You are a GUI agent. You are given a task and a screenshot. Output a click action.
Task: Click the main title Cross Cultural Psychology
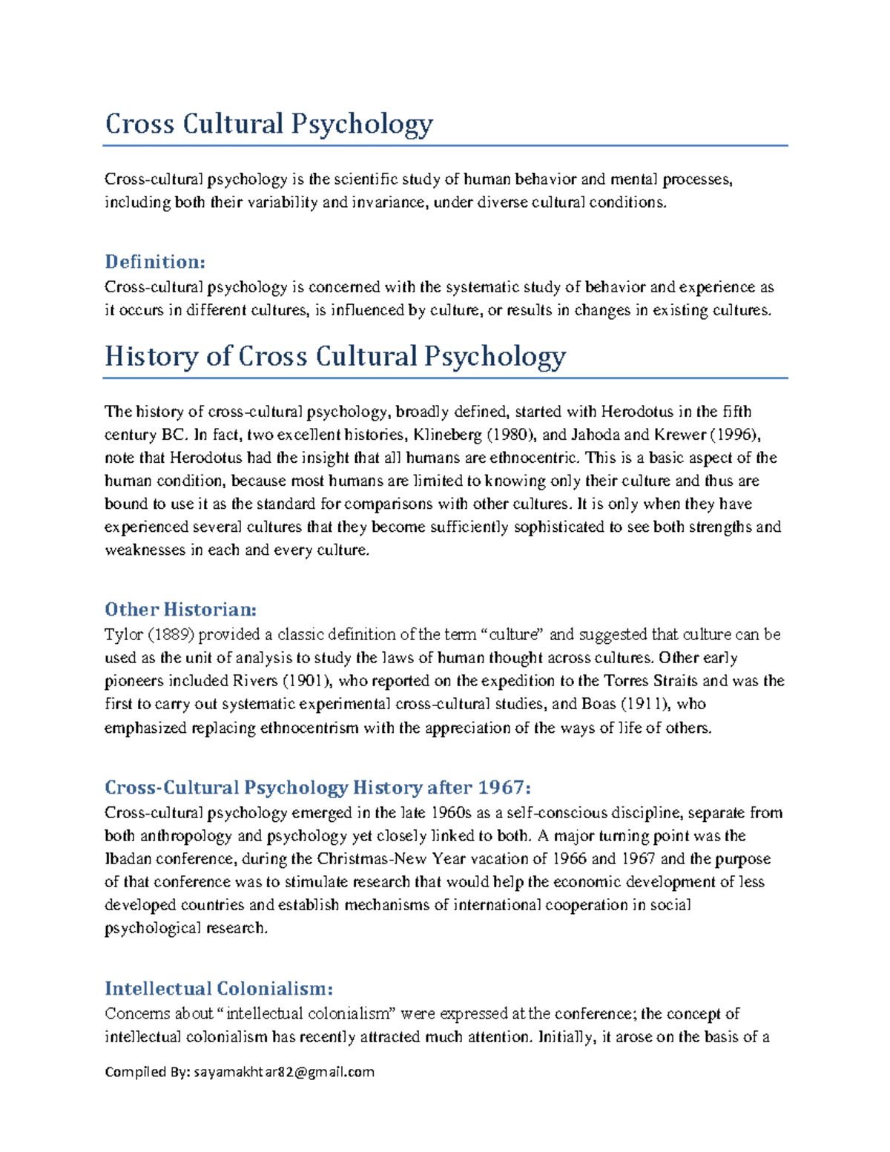tap(268, 124)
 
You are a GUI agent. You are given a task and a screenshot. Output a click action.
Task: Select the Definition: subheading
tap(154, 262)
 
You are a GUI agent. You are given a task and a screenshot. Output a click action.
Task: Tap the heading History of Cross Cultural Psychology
tap(334, 357)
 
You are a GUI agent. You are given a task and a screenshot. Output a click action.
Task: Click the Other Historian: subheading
tap(180, 610)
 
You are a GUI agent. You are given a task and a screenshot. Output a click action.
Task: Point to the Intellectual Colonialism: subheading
tap(218, 989)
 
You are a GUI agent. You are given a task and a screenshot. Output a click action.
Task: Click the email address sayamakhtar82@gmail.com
tap(284, 1072)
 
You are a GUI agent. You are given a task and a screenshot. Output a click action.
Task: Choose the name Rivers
tap(255, 681)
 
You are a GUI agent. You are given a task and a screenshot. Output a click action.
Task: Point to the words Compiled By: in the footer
tap(148, 1072)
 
